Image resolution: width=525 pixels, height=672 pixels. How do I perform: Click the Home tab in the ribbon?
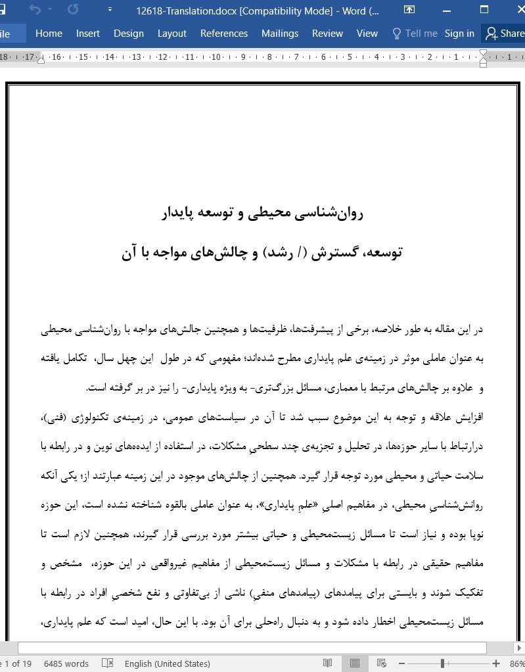pos(49,34)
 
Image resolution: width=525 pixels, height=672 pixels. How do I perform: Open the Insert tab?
pos(88,34)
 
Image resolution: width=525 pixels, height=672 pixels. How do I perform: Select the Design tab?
pos(128,34)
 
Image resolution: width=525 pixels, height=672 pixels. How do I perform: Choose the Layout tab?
pos(171,34)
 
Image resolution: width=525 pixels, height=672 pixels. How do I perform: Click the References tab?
pos(224,34)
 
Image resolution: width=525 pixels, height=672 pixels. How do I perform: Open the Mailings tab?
pos(279,34)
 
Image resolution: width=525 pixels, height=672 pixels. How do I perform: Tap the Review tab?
pos(327,34)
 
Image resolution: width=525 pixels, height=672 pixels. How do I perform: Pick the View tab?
pos(367,34)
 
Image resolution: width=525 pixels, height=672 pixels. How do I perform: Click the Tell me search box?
pos(415,34)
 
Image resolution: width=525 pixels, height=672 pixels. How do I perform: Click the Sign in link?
pos(459,34)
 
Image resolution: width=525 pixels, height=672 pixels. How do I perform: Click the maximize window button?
pos(484,10)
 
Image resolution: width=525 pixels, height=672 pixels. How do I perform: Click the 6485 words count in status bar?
pos(66,663)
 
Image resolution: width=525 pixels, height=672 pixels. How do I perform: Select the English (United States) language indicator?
pos(167,663)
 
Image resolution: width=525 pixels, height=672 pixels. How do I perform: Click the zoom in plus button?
pos(496,663)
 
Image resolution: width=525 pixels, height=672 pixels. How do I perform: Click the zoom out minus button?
pos(401,663)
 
